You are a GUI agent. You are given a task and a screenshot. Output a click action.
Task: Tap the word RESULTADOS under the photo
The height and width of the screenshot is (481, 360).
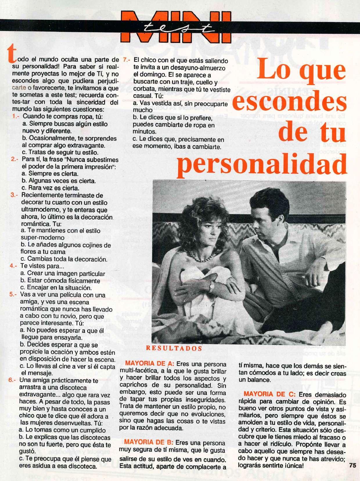174,348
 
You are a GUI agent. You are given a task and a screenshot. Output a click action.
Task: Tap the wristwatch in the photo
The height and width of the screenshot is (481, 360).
212,287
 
